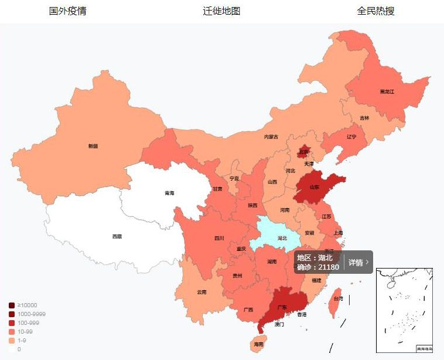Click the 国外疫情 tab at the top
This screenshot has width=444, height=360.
point(67,11)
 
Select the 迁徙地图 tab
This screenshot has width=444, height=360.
point(221,11)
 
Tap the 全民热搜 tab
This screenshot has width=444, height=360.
point(375,11)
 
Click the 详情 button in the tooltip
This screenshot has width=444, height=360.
point(358,262)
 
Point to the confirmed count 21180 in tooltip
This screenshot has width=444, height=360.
point(329,267)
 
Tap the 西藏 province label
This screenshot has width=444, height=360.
point(117,237)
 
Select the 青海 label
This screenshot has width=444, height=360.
point(169,192)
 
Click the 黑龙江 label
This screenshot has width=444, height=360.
point(387,91)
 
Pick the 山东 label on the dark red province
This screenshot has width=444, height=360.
point(315,188)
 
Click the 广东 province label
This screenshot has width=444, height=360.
point(282,307)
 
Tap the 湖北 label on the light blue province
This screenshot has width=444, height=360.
point(282,238)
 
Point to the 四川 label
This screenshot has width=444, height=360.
point(219,238)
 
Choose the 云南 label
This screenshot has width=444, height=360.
point(201,291)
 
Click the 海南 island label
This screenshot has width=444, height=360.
point(258,344)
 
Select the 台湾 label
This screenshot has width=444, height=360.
point(339,298)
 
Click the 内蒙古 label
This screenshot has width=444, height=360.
point(271,137)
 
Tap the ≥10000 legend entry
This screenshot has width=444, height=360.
point(23,305)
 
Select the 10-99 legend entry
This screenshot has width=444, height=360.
point(23,331)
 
